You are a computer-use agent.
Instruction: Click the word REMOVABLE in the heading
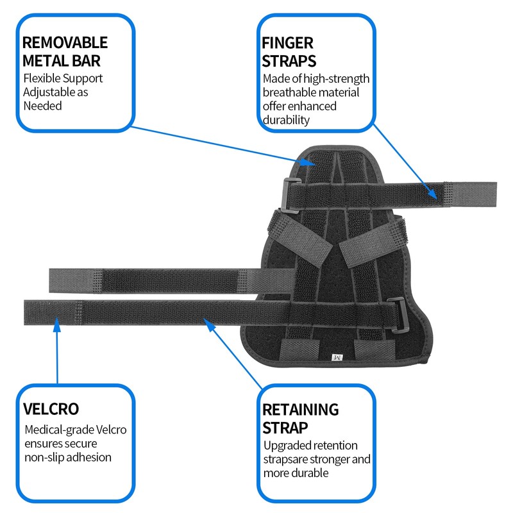click(65, 43)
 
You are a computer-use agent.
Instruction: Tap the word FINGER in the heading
click(287, 43)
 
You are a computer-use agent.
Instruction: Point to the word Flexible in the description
click(42, 78)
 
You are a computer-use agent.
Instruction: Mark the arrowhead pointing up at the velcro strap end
click(56, 326)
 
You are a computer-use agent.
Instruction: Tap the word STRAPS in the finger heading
click(289, 61)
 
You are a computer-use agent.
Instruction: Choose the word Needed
click(42, 106)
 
